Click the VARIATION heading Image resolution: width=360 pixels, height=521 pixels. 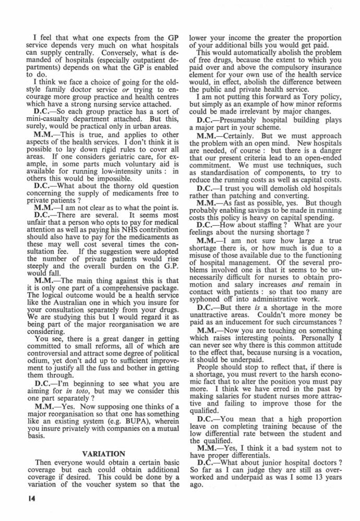pos(103,454)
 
